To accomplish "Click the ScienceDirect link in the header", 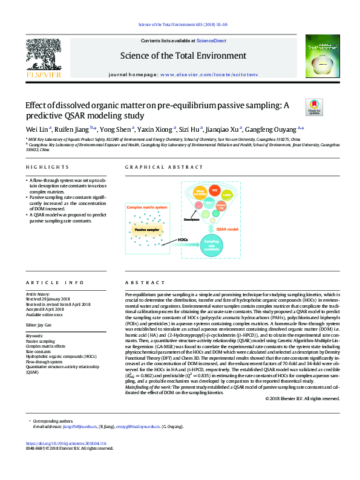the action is click(211, 41).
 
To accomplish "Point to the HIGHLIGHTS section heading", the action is click(47, 166).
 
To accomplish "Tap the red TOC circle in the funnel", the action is click(214, 190).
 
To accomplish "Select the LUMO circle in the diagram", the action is click(227, 195).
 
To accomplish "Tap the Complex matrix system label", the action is click(147, 208).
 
